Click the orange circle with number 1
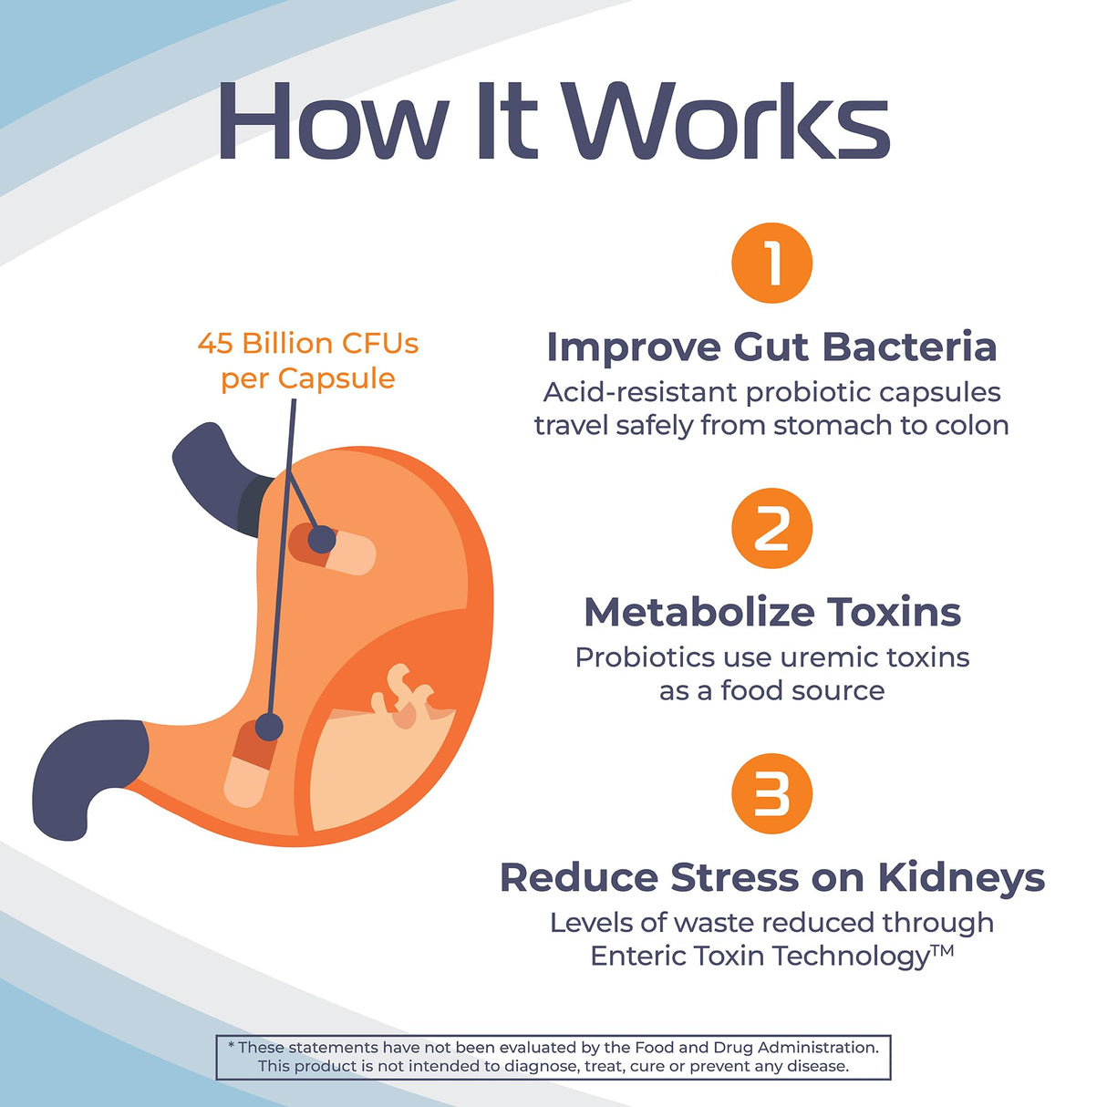click(771, 263)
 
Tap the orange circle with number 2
click(771, 528)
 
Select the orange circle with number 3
click(771, 793)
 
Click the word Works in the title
click(725, 122)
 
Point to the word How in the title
click(332, 122)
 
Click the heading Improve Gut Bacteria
click(771, 347)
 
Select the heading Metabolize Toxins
click(771, 612)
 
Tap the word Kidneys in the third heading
click(961, 878)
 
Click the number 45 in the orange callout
click(215, 344)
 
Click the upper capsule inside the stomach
click(332, 548)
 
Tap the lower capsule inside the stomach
click(250, 764)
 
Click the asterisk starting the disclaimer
click(232, 1046)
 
